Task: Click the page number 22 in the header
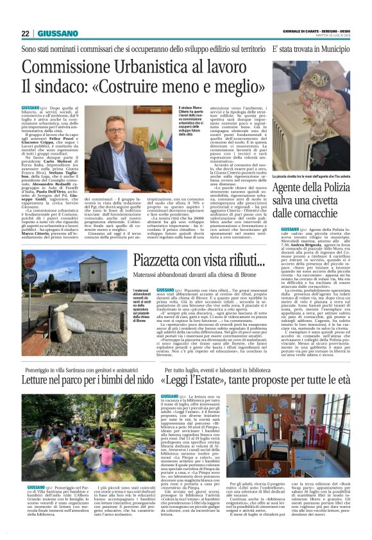[25, 33]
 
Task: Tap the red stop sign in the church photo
[30, 262]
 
